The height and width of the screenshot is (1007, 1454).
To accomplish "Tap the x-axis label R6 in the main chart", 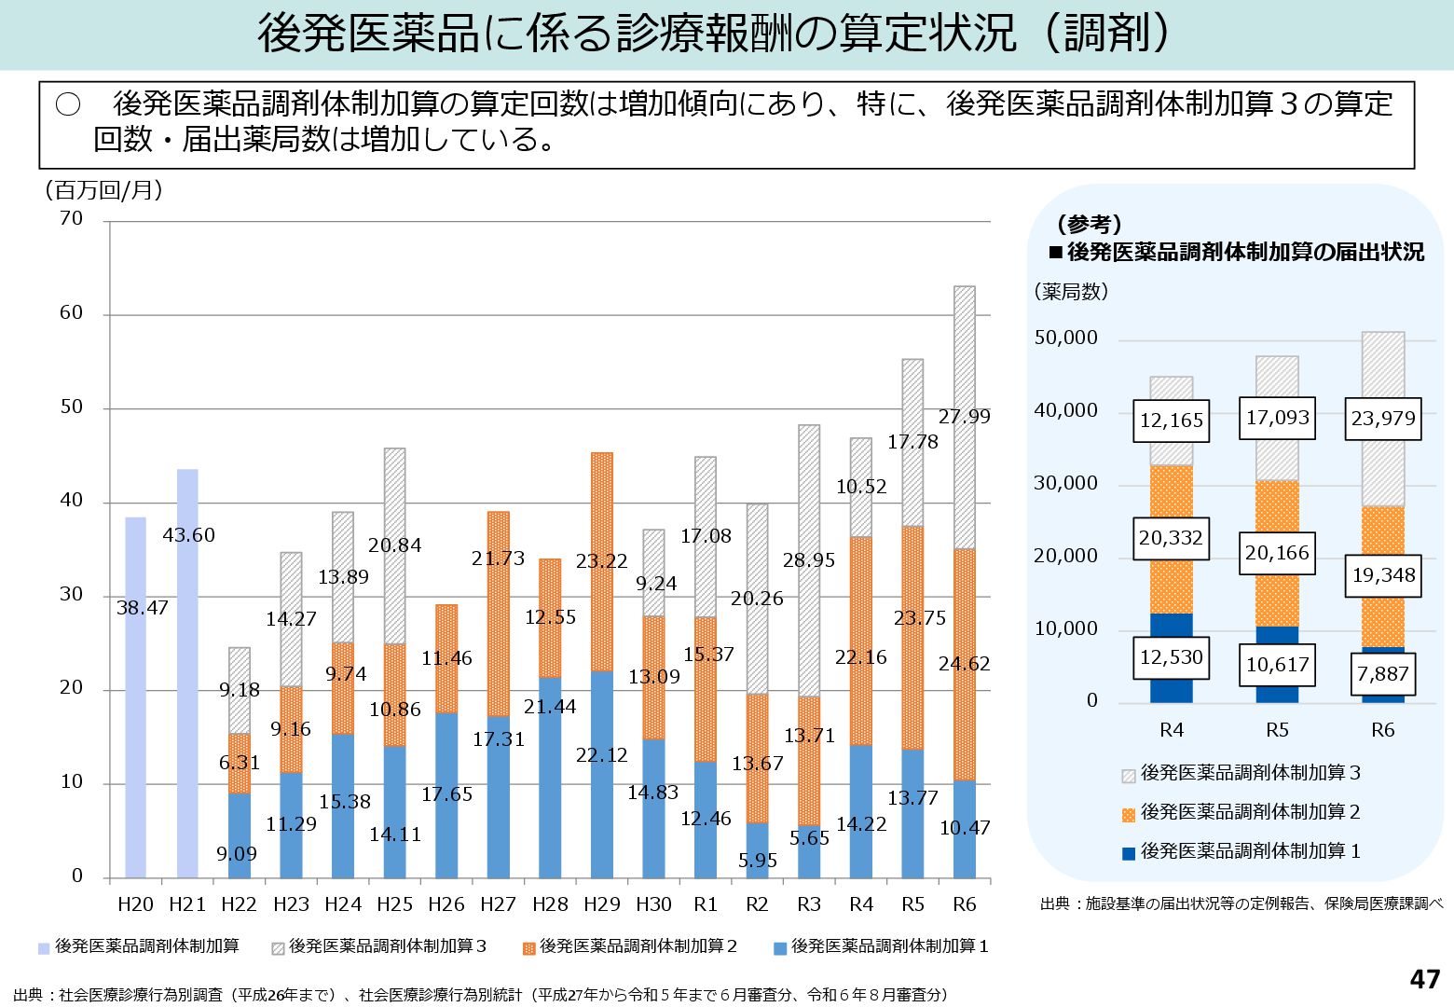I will [965, 904].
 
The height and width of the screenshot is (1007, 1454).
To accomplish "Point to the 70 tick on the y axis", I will [72, 219].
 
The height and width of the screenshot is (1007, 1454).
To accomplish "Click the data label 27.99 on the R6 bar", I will [965, 417].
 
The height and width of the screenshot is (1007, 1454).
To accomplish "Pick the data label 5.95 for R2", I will [758, 861].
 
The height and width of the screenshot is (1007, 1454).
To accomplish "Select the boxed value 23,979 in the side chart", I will [1383, 419].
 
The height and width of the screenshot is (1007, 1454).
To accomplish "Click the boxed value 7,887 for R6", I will [1383, 674].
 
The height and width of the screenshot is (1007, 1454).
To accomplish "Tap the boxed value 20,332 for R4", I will [1171, 538].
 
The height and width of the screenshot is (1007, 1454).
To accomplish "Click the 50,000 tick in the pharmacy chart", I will [1066, 338].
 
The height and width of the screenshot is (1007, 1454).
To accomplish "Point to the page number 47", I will [1424, 979].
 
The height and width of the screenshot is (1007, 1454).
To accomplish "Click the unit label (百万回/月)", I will [103, 190].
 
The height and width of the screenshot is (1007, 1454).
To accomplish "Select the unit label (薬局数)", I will [1071, 292].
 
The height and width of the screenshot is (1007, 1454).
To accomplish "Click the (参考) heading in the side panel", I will [1089, 225].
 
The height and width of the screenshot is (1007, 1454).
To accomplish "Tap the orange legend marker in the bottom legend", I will [529, 948].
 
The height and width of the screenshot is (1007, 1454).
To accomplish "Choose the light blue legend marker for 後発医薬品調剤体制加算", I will [44, 948].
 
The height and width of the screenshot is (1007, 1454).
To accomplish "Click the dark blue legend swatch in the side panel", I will [1129, 853].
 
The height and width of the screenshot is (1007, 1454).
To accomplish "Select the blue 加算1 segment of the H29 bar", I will [602, 774].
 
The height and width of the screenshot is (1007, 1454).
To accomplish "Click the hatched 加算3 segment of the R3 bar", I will [809, 559].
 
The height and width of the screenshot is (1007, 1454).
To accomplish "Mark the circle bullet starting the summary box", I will [68, 104].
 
